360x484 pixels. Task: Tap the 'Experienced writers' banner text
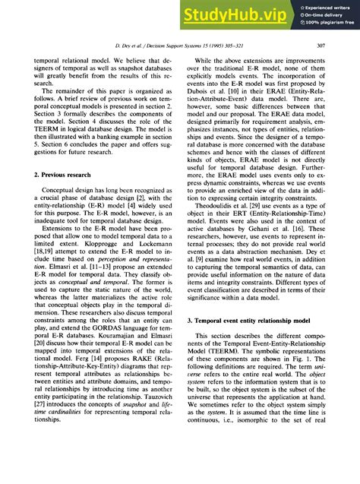(x=324, y=6)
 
